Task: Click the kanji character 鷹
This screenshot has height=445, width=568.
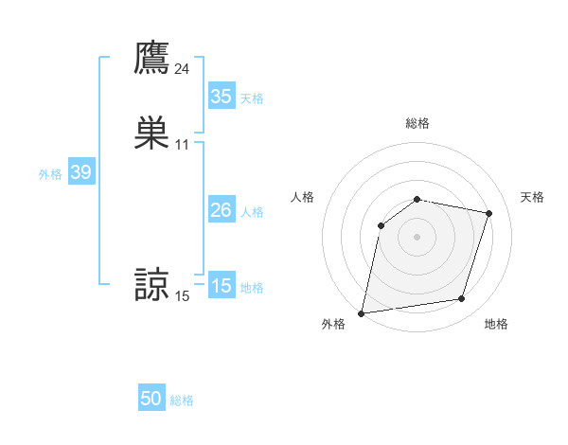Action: click(x=151, y=58)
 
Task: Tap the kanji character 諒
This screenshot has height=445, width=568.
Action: click(x=151, y=285)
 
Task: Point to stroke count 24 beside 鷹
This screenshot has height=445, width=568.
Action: click(x=183, y=69)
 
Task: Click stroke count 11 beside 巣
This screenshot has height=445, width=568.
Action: click(x=183, y=145)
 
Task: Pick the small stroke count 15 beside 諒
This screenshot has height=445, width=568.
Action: click(x=183, y=297)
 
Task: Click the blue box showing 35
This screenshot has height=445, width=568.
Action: click(x=221, y=97)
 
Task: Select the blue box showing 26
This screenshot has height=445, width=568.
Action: click(x=221, y=210)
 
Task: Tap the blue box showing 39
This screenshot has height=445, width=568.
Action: click(x=80, y=172)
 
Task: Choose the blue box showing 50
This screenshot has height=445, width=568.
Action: click(x=151, y=399)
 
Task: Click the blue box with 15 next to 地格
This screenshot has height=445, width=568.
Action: click(x=221, y=286)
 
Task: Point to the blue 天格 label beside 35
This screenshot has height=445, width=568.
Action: click(x=252, y=98)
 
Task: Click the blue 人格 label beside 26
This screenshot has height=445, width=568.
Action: click(x=252, y=212)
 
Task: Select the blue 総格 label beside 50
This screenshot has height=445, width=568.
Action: click(x=182, y=400)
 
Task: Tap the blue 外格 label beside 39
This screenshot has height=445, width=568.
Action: click(x=50, y=174)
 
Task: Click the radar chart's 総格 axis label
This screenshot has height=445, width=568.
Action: click(x=417, y=123)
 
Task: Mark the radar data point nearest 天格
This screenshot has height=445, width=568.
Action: click(x=489, y=213)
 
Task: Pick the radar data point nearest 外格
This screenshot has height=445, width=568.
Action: click(x=362, y=312)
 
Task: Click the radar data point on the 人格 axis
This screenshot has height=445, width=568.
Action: click(x=382, y=225)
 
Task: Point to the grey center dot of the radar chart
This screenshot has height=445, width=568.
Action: click(x=417, y=237)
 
